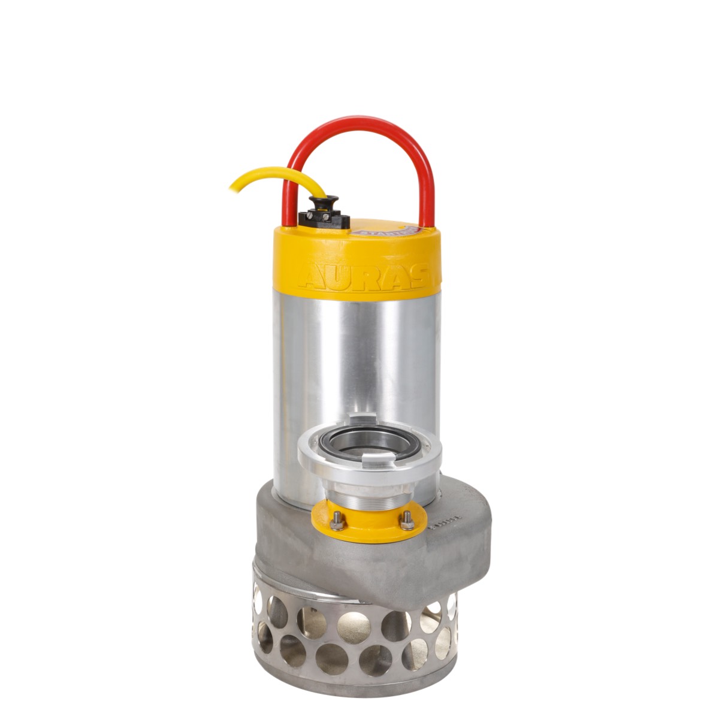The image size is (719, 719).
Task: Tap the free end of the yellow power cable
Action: [232, 188]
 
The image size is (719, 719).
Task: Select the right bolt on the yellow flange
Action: [408, 520]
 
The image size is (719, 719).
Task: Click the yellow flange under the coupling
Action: [371, 524]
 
